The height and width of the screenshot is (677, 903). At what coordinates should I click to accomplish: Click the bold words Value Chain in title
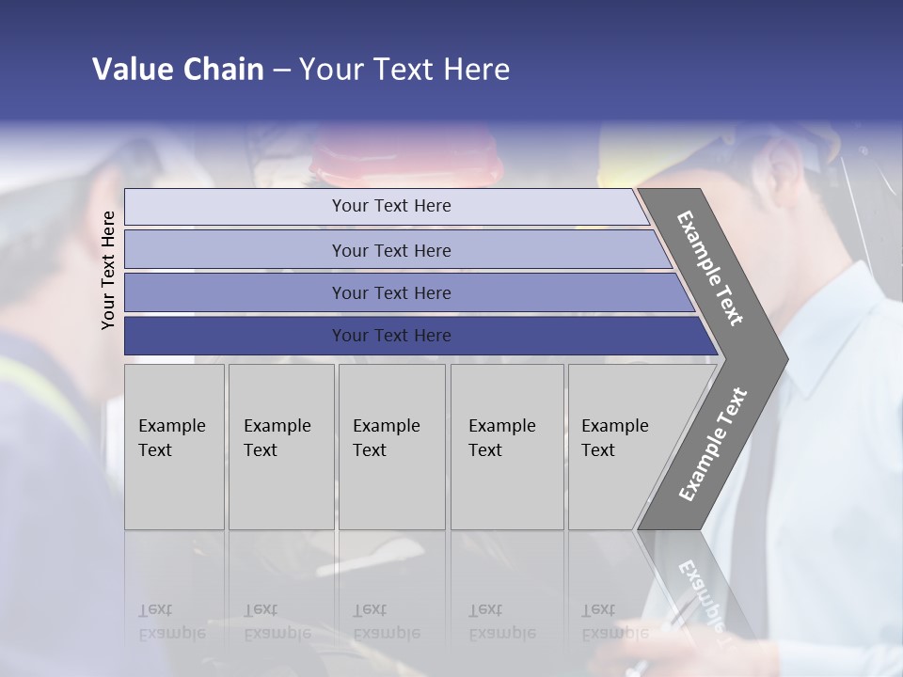click(x=178, y=70)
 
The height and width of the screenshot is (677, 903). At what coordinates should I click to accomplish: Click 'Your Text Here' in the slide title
click(x=404, y=70)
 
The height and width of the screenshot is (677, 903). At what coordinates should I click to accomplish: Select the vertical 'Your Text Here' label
click(x=108, y=270)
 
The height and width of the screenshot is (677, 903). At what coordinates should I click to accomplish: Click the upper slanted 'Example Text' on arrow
click(x=710, y=268)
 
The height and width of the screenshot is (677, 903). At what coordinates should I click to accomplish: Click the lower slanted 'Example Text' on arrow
click(x=713, y=445)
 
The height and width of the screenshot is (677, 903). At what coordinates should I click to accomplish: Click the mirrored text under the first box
click(x=171, y=622)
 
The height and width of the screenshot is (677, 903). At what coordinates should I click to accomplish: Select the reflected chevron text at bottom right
click(x=702, y=592)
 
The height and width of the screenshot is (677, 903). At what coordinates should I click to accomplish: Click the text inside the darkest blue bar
click(x=391, y=336)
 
